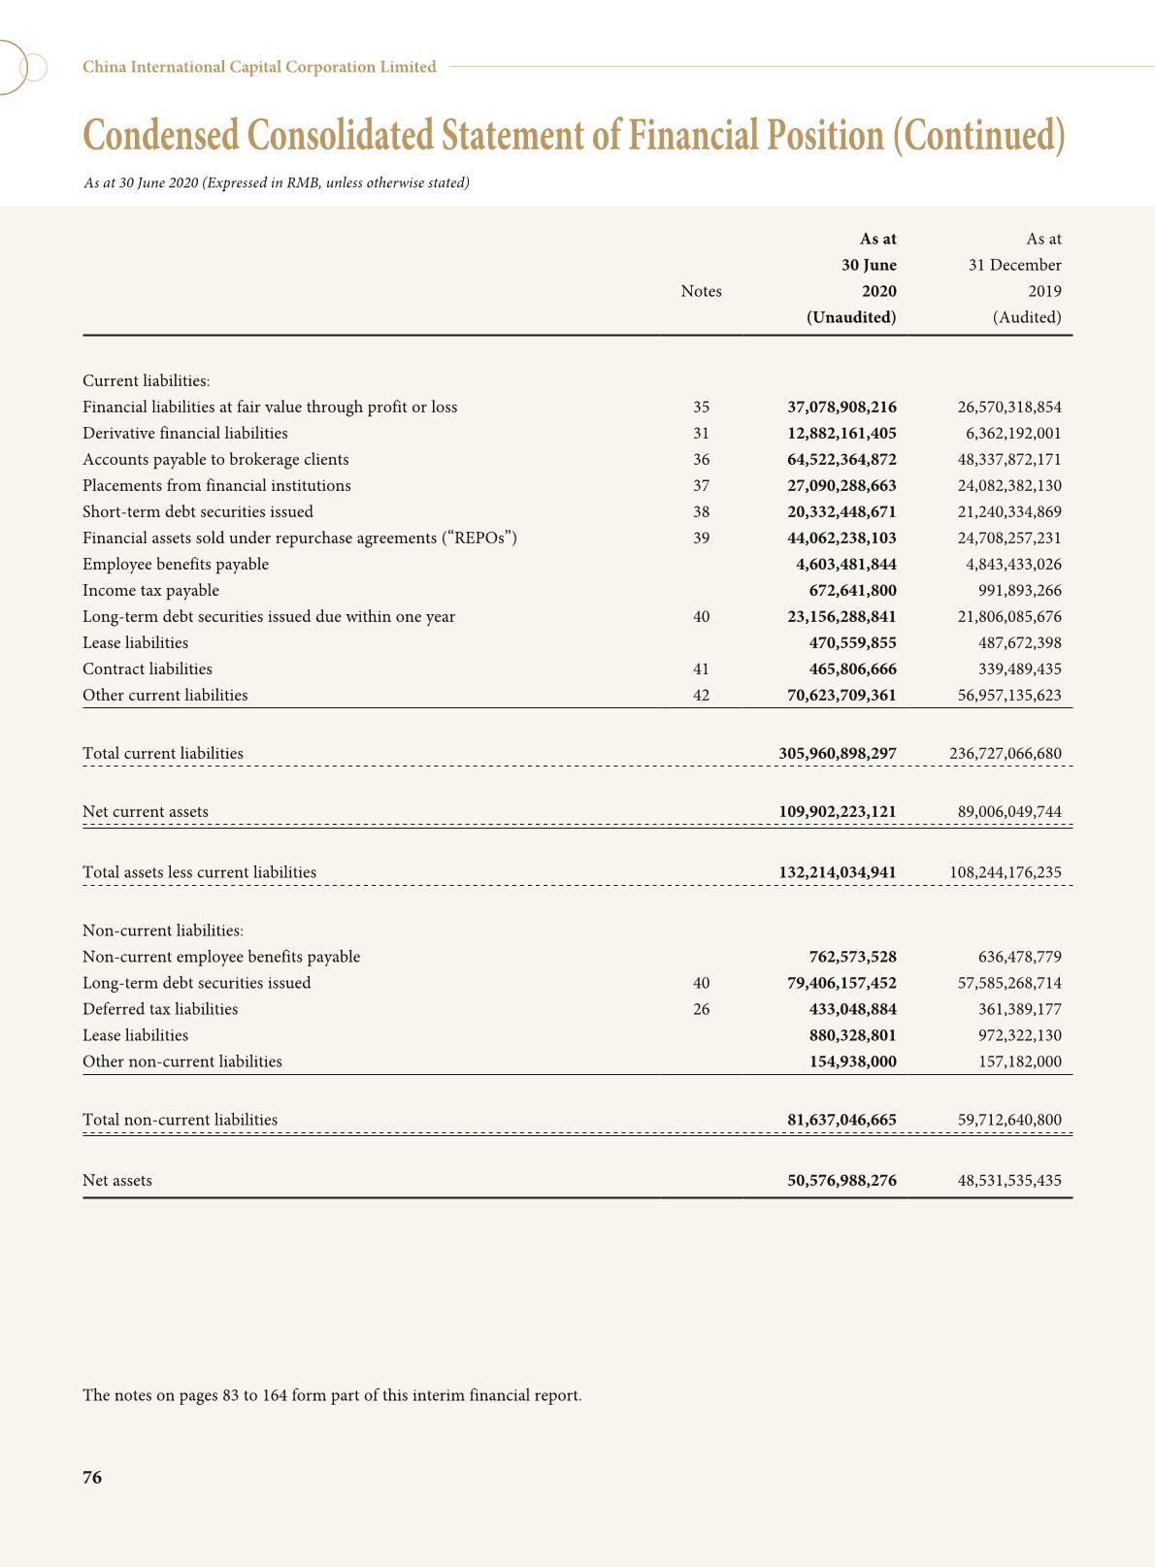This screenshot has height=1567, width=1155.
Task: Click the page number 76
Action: tap(92, 1478)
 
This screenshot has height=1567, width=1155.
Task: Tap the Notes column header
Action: tap(701, 291)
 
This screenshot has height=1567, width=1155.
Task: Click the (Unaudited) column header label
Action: tap(851, 317)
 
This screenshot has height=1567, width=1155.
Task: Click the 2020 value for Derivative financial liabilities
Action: tap(841, 434)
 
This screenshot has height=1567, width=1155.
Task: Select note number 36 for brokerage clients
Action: tap(701, 460)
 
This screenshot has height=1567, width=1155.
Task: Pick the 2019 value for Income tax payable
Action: tap(1019, 591)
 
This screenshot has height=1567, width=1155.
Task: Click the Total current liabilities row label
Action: tap(163, 754)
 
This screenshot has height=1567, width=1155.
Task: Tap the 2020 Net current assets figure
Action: tap(838, 812)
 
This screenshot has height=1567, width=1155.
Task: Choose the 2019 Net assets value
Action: tap(1009, 1181)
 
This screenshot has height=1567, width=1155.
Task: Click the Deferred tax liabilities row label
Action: tap(160, 1009)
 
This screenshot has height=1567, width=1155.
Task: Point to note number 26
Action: tap(701, 1009)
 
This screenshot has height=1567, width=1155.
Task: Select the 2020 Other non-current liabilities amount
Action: tap(853, 1061)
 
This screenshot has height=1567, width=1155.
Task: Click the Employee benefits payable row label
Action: tap(176, 565)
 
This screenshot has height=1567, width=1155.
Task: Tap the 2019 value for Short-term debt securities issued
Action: tap(1009, 512)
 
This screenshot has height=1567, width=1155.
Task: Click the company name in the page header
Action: tap(259, 67)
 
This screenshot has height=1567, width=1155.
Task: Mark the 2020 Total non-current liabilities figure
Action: tap(841, 1120)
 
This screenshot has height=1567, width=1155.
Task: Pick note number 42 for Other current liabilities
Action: tap(701, 696)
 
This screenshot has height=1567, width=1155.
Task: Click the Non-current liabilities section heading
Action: tap(163, 930)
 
